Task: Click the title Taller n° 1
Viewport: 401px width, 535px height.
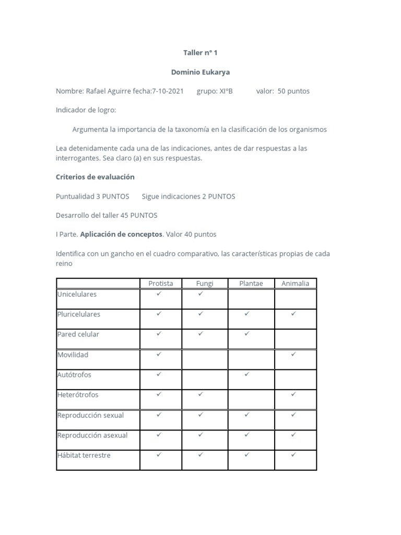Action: pyautogui.click(x=200, y=53)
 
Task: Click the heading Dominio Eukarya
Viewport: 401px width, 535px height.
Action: pyautogui.click(x=200, y=72)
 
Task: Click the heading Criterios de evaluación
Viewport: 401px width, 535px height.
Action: pyautogui.click(x=95, y=177)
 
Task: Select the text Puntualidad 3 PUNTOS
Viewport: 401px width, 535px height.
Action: pyautogui.click(x=92, y=196)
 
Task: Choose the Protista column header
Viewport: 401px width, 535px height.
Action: pyautogui.click(x=160, y=283)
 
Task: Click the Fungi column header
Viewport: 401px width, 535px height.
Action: pyautogui.click(x=205, y=283)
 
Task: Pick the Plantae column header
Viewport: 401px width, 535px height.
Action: pyautogui.click(x=251, y=283)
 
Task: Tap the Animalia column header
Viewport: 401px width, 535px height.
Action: pyautogui.click(x=295, y=283)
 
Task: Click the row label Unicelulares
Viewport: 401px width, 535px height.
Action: pyautogui.click(x=77, y=294)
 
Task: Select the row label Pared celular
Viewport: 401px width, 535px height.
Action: pyautogui.click(x=78, y=334)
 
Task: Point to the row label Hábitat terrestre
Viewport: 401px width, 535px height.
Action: pyautogui.click(x=84, y=455)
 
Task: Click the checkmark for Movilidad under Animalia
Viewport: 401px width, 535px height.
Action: pyautogui.click(x=293, y=354)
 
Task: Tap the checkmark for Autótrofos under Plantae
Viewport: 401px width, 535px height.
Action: pyautogui.click(x=246, y=374)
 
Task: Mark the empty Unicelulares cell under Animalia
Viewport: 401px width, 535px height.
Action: pyautogui.click(x=295, y=299)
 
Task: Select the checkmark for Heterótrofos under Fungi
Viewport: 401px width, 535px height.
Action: pyautogui.click(x=200, y=394)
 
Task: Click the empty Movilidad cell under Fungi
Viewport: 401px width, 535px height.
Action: pyautogui.click(x=205, y=359)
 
